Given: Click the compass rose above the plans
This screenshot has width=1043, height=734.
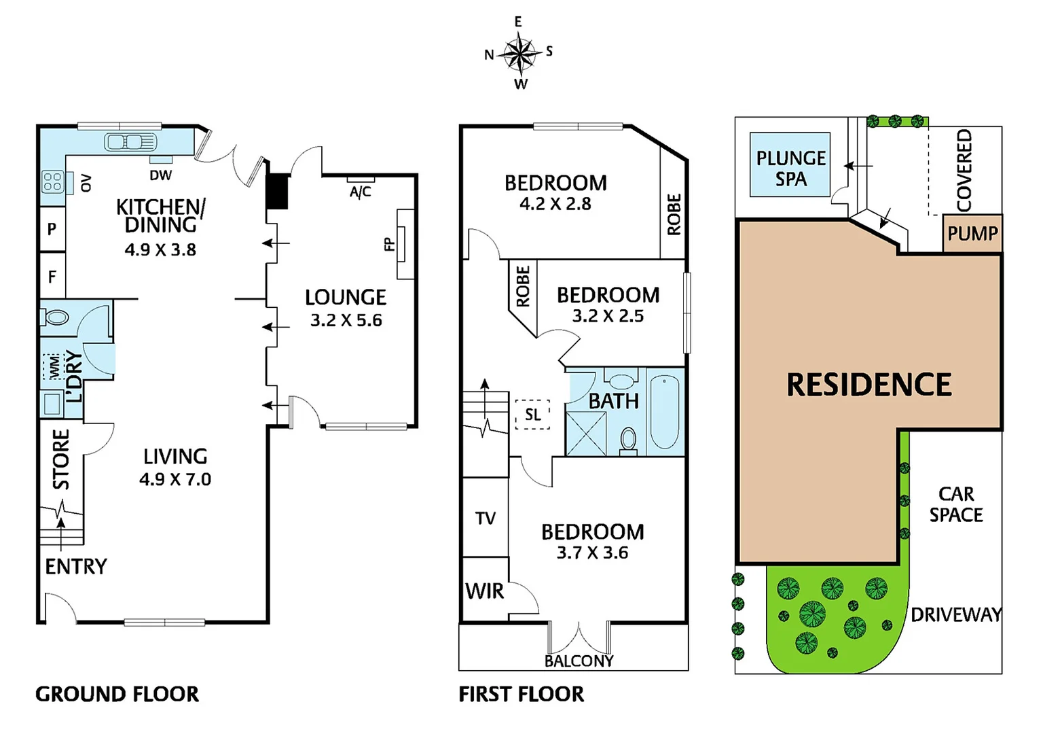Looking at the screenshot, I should tap(519, 54).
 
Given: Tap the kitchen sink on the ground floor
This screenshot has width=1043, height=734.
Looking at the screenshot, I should tap(130, 142).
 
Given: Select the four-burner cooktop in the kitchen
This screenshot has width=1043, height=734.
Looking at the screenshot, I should tap(52, 181).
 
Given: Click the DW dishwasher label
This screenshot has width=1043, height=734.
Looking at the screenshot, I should tap(161, 175).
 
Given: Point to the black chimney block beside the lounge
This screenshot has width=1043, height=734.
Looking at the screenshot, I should tap(277, 191).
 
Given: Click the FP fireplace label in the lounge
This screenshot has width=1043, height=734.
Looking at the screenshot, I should tap(390, 244).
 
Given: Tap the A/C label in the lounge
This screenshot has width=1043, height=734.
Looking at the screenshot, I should tap(361, 192).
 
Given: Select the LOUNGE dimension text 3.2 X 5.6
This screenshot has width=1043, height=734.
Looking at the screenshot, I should tap(346, 321).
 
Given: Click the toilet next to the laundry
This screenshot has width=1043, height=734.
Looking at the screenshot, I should tap(57, 317).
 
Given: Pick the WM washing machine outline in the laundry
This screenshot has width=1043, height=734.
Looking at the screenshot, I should tap(52, 366).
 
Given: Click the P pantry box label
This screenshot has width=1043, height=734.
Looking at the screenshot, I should tap(52, 229).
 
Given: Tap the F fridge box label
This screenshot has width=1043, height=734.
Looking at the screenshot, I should tap(52, 277).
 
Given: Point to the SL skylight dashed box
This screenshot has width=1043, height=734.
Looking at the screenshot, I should tap(532, 414).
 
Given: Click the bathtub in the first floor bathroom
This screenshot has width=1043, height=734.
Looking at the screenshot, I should tap(664, 413).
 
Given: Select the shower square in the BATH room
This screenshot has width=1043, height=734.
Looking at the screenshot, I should tap(585, 433).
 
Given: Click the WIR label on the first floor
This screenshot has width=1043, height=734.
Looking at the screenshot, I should tap(485, 591).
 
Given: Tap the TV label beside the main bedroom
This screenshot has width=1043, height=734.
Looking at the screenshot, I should tap(486, 519).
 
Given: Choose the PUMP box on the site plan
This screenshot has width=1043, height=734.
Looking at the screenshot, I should tap(972, 234).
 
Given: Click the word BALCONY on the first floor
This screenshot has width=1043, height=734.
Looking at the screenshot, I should tap(579, 661).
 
